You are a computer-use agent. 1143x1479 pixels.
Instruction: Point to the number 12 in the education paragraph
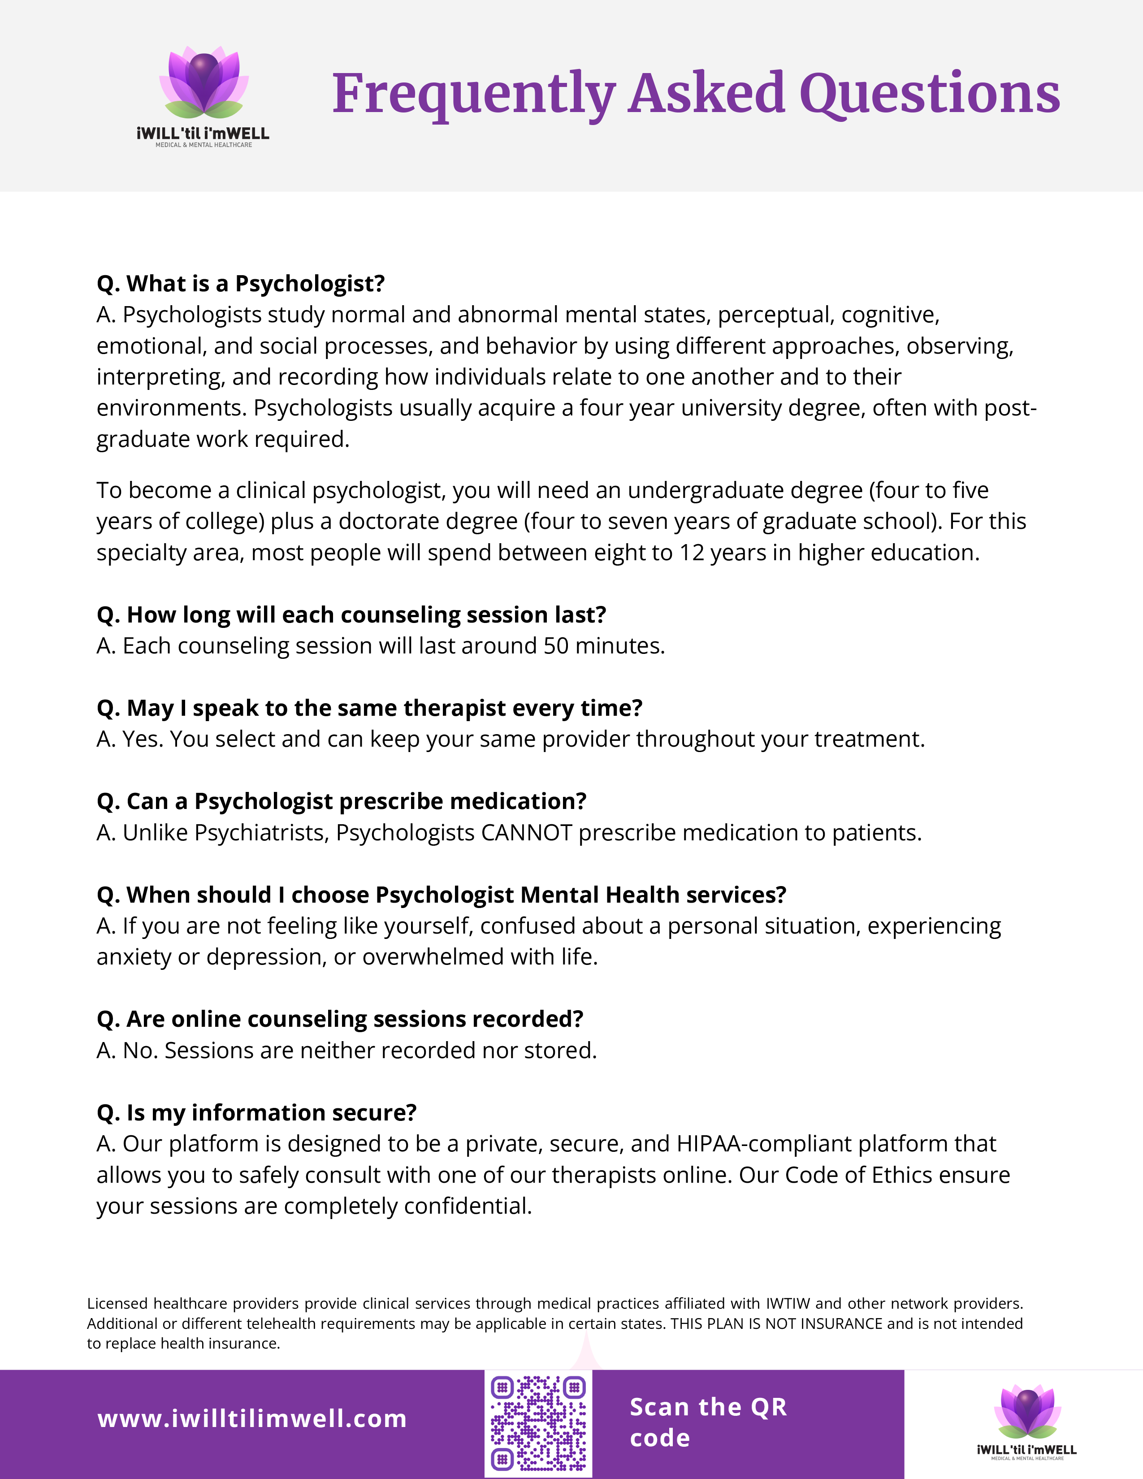692,553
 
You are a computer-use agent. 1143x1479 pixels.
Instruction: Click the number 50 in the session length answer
556,646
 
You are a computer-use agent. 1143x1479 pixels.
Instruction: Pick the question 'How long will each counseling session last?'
351,615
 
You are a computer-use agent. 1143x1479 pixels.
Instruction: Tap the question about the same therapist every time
369,708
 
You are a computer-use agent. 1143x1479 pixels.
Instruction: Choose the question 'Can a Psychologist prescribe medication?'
341,802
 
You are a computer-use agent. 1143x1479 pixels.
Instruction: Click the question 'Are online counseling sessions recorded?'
340,1019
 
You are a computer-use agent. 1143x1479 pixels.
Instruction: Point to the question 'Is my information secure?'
257,1113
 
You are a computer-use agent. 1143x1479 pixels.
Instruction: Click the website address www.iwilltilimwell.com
252,1419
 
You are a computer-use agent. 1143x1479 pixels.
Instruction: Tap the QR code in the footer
538,1423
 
